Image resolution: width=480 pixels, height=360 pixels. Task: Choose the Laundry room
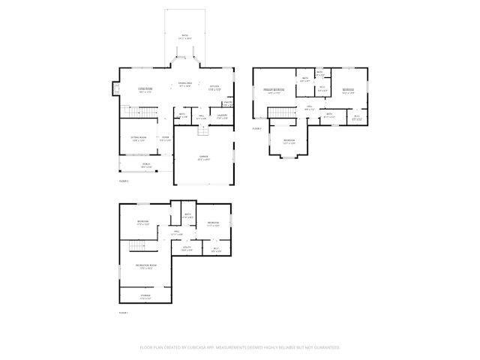[x=223, y=117]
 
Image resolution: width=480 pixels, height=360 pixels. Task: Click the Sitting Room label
[x=137, y=139]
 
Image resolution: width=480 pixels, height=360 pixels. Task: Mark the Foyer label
[x=165, y=139]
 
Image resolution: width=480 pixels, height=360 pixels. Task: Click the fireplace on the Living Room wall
[x=115, y=89]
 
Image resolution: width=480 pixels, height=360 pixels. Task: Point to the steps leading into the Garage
[x=202, y=131]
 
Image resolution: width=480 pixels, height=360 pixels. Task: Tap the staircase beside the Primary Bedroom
[x=278, y=112]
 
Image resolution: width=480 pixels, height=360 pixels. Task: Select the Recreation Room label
[x=145, y=266]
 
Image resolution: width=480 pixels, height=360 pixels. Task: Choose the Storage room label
[x=145, y=295]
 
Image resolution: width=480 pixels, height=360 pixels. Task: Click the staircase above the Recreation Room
[x=136, y=247]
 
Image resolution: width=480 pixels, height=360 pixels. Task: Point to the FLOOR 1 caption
[x=124, y=312]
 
